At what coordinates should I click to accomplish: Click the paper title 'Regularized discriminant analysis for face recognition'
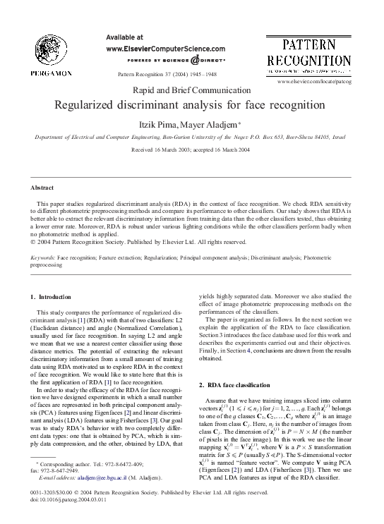tap(191, 105)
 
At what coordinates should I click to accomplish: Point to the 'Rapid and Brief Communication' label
tap(191, 90)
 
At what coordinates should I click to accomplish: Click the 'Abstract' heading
tap(43, 188)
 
